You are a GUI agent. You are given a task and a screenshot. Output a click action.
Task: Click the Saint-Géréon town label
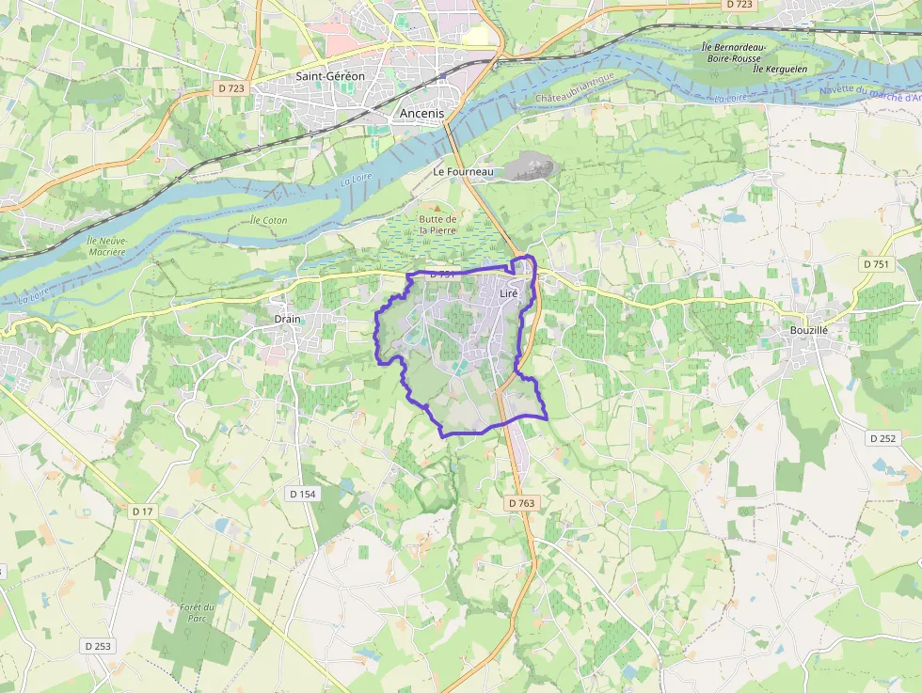329,76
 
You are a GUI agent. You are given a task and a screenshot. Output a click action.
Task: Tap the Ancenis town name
421,112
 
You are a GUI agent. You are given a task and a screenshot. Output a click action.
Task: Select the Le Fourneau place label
463,172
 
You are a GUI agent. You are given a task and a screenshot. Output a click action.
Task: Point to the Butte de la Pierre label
437,224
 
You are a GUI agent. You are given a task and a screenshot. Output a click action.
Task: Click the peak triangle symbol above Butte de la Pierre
435,207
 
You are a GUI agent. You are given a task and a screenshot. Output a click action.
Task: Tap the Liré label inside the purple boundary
509,294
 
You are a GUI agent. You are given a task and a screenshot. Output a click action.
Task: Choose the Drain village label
287,319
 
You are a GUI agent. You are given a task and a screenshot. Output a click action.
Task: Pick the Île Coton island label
269,220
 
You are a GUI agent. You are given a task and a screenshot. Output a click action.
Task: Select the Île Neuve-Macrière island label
106,246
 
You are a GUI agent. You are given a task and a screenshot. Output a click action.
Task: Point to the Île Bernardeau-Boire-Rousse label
734,53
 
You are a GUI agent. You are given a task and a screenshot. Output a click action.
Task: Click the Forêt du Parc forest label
198,612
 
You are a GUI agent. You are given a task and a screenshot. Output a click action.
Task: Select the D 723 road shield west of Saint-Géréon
230,87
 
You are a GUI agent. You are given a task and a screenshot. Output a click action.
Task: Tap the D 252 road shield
882,438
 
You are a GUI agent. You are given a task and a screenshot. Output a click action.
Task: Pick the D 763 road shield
521,503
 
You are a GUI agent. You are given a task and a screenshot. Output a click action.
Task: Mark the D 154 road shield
301,493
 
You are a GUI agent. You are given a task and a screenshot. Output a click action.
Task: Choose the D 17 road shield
143,511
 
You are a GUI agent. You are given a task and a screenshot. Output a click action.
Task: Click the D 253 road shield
97,646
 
